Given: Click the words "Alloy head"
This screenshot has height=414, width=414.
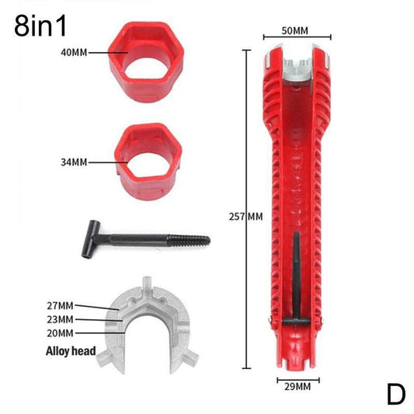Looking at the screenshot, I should point(71,351).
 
